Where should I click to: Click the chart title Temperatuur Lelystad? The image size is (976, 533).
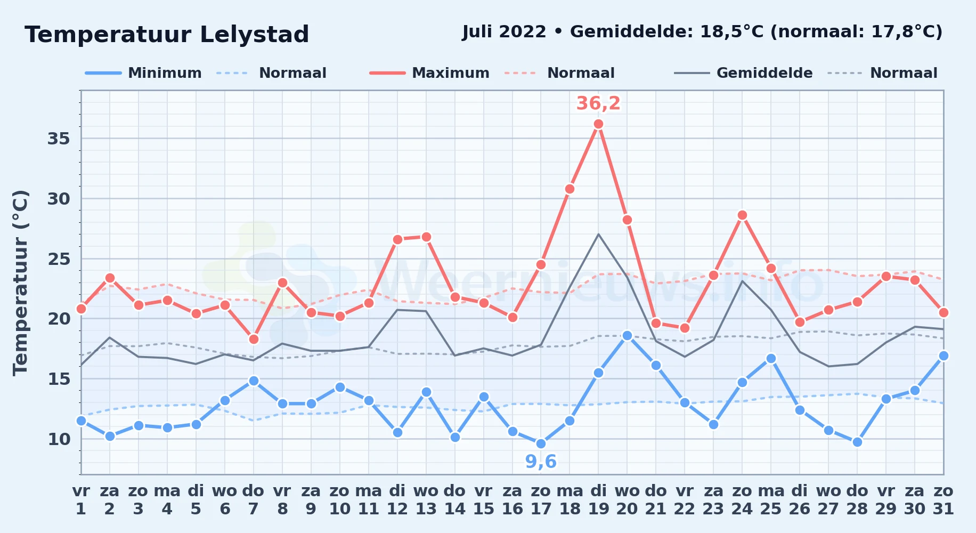[167, 35]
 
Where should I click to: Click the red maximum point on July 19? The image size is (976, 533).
[598, 124]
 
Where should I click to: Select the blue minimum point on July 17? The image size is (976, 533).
[541, 443]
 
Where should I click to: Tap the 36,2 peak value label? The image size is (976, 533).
[598, 103]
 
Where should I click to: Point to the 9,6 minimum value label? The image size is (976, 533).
[541, 462]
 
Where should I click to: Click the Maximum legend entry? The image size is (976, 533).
[429, 73]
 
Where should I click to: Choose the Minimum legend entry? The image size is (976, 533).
[143, 73]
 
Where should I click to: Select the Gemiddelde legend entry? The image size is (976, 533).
[743, 73]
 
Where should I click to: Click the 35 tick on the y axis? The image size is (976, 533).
[59, 139]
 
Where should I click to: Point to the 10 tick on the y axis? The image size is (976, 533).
[59, 439]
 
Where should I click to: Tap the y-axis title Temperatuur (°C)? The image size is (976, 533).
[20, 282]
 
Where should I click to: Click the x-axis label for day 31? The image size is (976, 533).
[943, 500]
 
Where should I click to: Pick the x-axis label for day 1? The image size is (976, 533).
[81, 500]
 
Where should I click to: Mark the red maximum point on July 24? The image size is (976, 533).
[742, 215]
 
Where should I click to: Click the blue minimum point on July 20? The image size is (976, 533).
[627, 336]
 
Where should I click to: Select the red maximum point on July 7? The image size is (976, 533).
[254, 339]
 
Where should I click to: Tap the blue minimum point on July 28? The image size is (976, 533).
[857, 442]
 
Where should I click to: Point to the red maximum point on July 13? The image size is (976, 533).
[426, 237]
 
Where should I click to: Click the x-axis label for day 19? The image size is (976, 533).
[598, 500]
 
